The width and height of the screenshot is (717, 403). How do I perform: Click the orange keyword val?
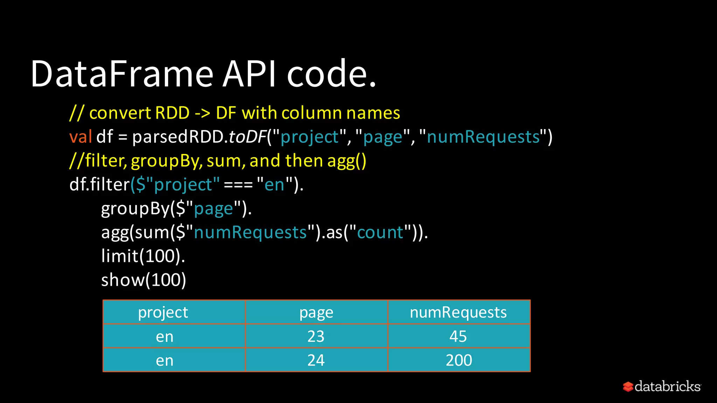click(x=81, y=137)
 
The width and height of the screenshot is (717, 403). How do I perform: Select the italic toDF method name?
click(x=247, y=137)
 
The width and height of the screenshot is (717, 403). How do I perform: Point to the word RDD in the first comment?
click(x=172, y=113)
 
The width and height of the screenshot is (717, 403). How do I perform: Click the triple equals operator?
click(x=238, y=185)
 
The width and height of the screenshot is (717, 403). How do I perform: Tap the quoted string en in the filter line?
click(x=274, y=185)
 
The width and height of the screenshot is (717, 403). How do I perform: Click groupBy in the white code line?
click(x=135, y=209)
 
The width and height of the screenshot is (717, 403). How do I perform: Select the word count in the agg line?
click(x=380, y=233)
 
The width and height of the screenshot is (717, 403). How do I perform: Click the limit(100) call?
click(x=143, y=256)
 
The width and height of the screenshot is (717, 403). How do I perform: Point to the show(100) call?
click(x=144, y=280)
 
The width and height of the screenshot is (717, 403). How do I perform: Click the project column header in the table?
click(x=163, y=312)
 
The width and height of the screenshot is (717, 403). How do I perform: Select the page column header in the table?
click(x=316, y=312)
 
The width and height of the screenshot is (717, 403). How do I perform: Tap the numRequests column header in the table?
click(x=458, y=312)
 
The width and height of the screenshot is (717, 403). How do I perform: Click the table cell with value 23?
click(x=316, y=336)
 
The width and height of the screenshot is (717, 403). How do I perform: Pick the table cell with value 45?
click(x=458, y=336)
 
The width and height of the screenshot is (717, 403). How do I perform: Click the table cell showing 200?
click(x=459, y=360)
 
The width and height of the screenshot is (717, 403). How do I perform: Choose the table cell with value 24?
click(x=316, y=360)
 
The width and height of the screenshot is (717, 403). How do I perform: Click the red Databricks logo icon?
click(x=628, y=387)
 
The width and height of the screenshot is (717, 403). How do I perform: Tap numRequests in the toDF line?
click(x=483, y=137)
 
